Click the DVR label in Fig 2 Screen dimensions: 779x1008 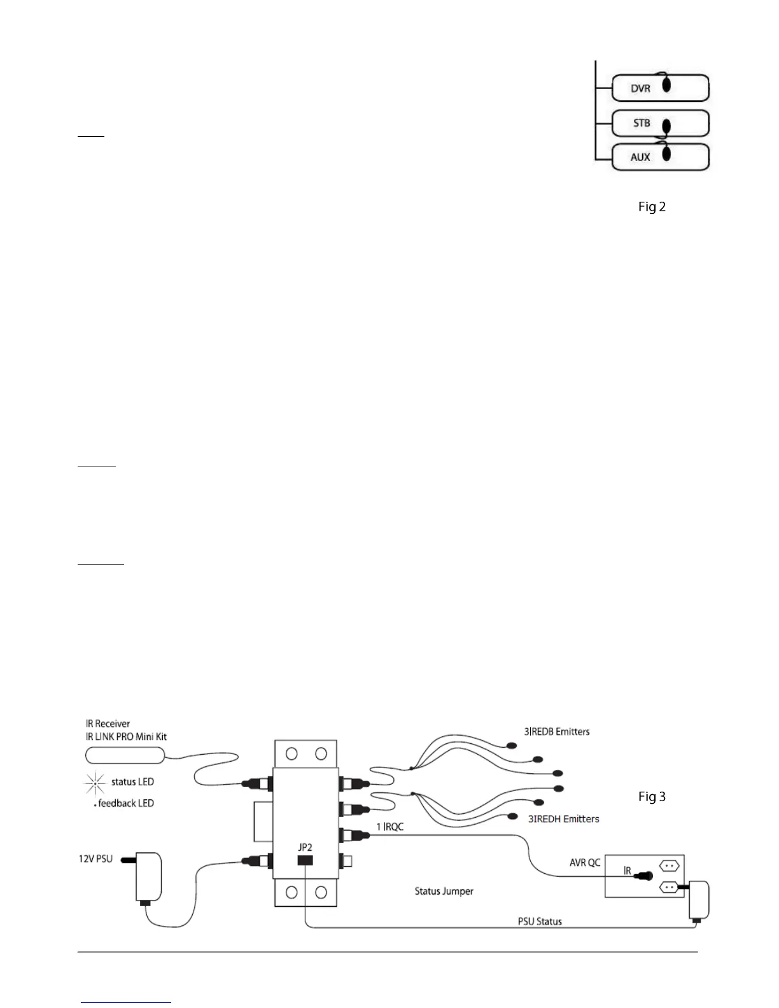(640, 88)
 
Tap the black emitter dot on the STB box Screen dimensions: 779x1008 (666, 126)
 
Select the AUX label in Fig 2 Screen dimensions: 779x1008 (640, 157)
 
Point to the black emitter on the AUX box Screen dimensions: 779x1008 (666, 153)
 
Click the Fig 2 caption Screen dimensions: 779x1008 (652, 207)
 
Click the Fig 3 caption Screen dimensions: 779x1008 (652, 797)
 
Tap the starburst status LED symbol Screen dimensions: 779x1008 (95, 783)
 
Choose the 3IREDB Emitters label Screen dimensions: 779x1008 (557, 732)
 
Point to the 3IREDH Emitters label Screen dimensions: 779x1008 (563, 819)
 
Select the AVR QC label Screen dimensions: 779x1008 (585, 863)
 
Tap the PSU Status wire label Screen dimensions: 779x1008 (539, 921)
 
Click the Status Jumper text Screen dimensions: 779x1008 (444, 891)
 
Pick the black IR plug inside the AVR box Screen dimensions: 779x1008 (647, 876)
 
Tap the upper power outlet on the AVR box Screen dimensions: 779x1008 (670, 865)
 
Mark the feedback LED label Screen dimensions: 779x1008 (126, 804)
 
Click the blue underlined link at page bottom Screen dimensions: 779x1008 (127, 1002)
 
